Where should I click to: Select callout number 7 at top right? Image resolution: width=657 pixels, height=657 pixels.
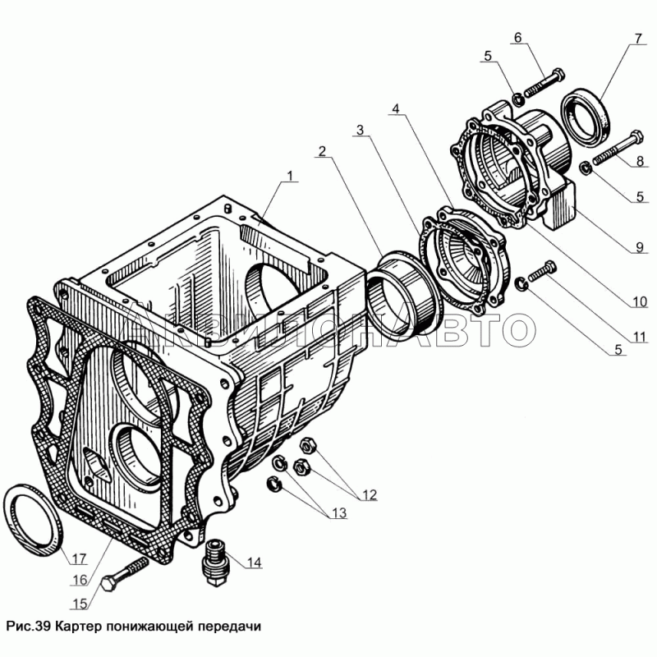tap(637, 39)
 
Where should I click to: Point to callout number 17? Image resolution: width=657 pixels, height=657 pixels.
tap(78, 560)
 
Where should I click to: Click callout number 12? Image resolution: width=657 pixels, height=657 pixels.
tap(368, 494)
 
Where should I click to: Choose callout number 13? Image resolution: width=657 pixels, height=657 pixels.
tap(338, 513)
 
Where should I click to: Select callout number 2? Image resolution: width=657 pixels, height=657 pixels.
tap(323, 151)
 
